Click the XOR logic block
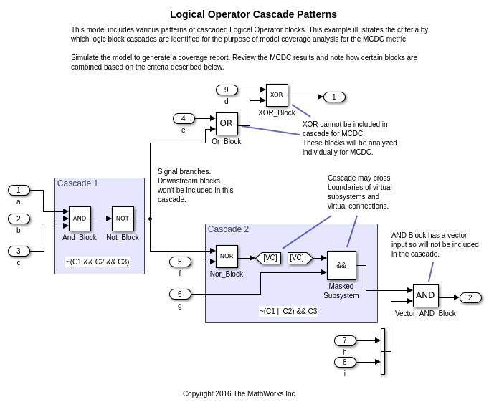tap(277, 95)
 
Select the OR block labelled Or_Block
tap(227, 123)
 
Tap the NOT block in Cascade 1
tap(123, 219)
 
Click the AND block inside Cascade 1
tap(80, 219)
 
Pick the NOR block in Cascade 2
tap(227, 256)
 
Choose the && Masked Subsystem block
tap(341, 265)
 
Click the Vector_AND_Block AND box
tap(425, 295)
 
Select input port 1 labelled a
tap(19, 190)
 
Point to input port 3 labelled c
tap(19, 251)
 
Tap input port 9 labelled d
tap(227, 90)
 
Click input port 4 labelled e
tap(184, 118)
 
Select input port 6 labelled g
tap(180, 294)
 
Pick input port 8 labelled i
tap(345, 362)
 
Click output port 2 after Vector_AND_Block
tap(470, 297)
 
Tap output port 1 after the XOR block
tap(334, 97)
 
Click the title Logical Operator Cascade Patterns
tap(253, 14)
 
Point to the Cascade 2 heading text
tap(228, 229)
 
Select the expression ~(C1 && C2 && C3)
tap(98, 262)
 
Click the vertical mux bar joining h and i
tap(383, 351)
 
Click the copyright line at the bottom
tap(239, 393)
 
